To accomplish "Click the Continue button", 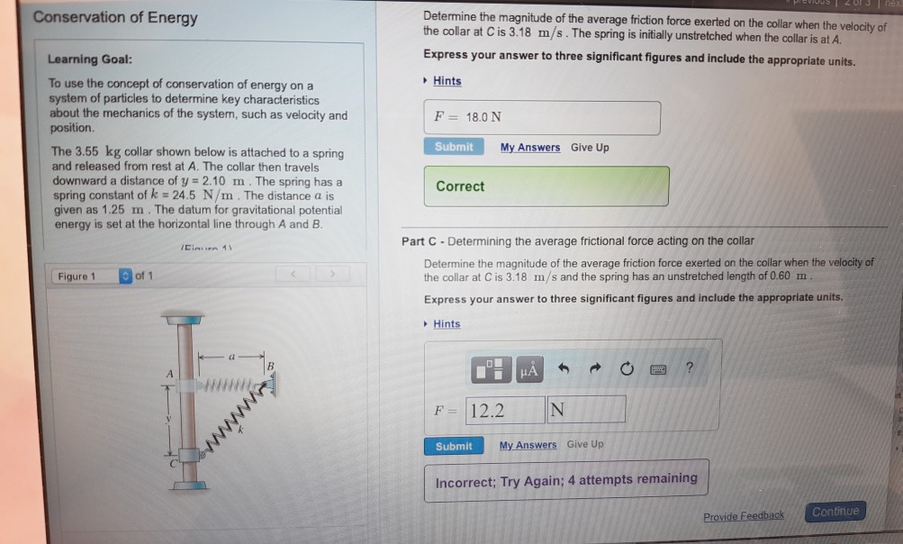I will point(835,512).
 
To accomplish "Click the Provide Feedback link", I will point(743,516).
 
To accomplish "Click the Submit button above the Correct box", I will point(454,147).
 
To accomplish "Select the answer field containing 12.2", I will point(505,411).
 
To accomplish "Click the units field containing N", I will point(586,411).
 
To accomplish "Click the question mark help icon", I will point(690,367).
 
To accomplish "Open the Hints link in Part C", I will point(446,324).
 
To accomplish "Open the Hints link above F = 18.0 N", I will point(447,81).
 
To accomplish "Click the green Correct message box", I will point(546,186).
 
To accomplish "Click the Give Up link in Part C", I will point(585,445).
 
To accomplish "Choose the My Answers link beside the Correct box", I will point(529,148).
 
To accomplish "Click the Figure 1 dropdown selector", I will point(126,277).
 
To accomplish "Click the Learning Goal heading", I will point(90,59).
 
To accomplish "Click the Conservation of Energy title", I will point(114,18).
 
